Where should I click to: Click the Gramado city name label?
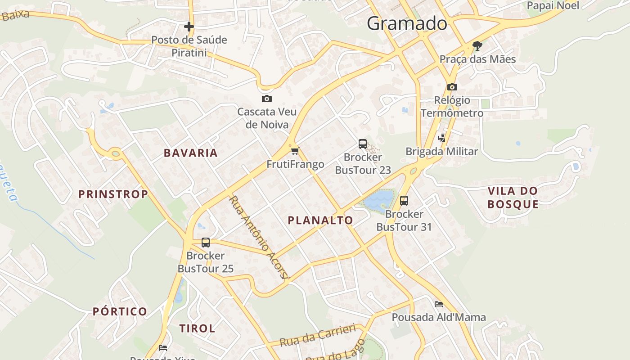point(407,23)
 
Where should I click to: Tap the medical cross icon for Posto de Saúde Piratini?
point(189,27)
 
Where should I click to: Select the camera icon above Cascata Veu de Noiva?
point(267,99)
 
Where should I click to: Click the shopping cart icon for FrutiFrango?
point(295,151)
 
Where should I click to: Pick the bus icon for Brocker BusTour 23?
point(363,144)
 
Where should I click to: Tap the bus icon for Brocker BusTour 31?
point(404,201)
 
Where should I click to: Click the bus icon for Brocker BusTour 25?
point(206,243)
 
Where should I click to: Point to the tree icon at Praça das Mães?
point(477,45)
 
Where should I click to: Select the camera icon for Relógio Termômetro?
point(452,87)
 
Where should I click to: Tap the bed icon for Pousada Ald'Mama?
point(439,304)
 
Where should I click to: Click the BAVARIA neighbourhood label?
point(191,153)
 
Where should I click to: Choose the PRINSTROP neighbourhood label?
point(113,194)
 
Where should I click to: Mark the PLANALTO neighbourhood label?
point(320,220)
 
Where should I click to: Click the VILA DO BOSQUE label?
point(513,198)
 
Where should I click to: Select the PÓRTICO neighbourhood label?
point(120,311)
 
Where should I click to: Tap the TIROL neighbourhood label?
point(197,328)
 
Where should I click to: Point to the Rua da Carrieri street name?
point(318,336)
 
